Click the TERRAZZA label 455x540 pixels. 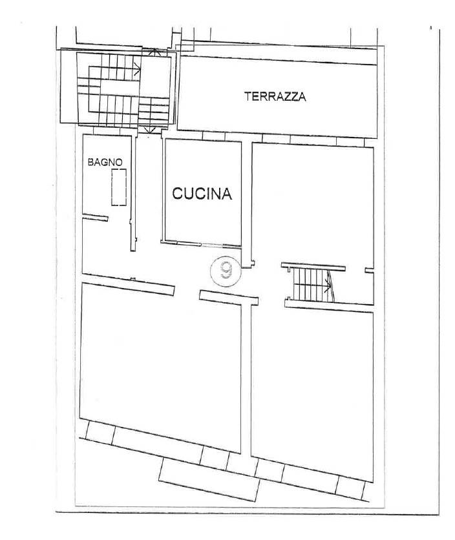(x=275, y=98)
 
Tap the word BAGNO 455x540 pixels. (x=105, y=163)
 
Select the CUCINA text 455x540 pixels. (x=201, y=194)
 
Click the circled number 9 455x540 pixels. (x=226, y=269)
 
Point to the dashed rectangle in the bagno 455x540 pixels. (x=118, y=187)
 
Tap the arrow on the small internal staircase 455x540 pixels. (x=330, y=283)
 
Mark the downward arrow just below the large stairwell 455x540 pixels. (x=149, y=131)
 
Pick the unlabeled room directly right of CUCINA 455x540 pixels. (x=312, y=200)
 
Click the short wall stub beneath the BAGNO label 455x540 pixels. (x=95, y=218)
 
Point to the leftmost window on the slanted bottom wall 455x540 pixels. (x=99, y=432)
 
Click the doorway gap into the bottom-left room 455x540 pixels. (x=187, y=291)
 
